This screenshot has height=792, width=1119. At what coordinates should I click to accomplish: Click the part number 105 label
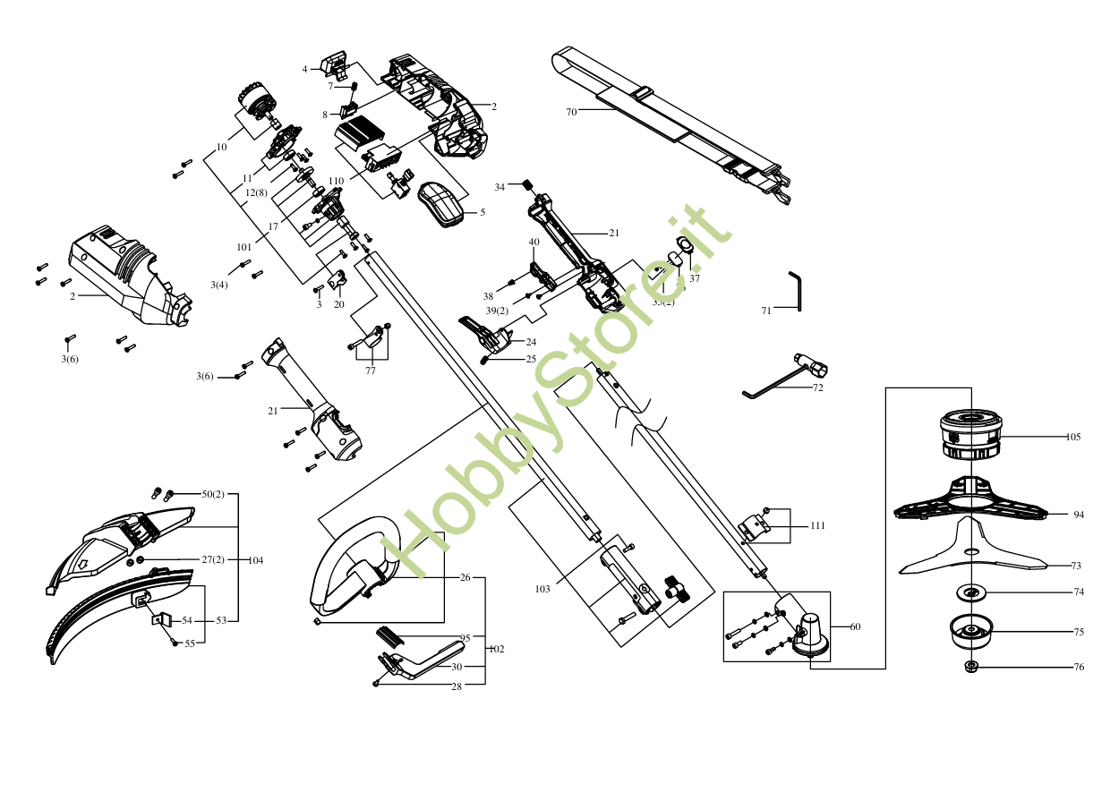1073,438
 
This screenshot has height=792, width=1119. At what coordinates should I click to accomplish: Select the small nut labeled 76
972,667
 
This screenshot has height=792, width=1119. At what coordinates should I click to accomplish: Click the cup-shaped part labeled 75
971,632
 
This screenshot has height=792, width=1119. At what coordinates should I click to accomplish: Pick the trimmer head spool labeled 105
970,433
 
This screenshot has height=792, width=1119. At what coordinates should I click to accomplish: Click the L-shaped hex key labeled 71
796,291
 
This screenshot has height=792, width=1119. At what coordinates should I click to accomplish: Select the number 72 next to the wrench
817,388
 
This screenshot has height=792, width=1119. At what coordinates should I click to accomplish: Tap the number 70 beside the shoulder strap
571,112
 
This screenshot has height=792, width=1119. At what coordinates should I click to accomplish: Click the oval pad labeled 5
440,204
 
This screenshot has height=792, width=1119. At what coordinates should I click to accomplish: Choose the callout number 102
496,649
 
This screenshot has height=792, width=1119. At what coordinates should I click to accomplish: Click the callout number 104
255,560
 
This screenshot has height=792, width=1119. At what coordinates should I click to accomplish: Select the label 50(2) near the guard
213,494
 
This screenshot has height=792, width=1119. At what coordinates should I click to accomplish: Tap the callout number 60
855,626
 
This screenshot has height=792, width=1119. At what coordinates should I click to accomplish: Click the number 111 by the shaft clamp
817,526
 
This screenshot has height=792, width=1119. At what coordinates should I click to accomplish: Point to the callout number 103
542,589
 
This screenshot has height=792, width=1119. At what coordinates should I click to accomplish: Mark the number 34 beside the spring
500,187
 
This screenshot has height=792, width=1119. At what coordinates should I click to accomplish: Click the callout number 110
336,181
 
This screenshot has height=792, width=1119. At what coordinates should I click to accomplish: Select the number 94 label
1079,515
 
